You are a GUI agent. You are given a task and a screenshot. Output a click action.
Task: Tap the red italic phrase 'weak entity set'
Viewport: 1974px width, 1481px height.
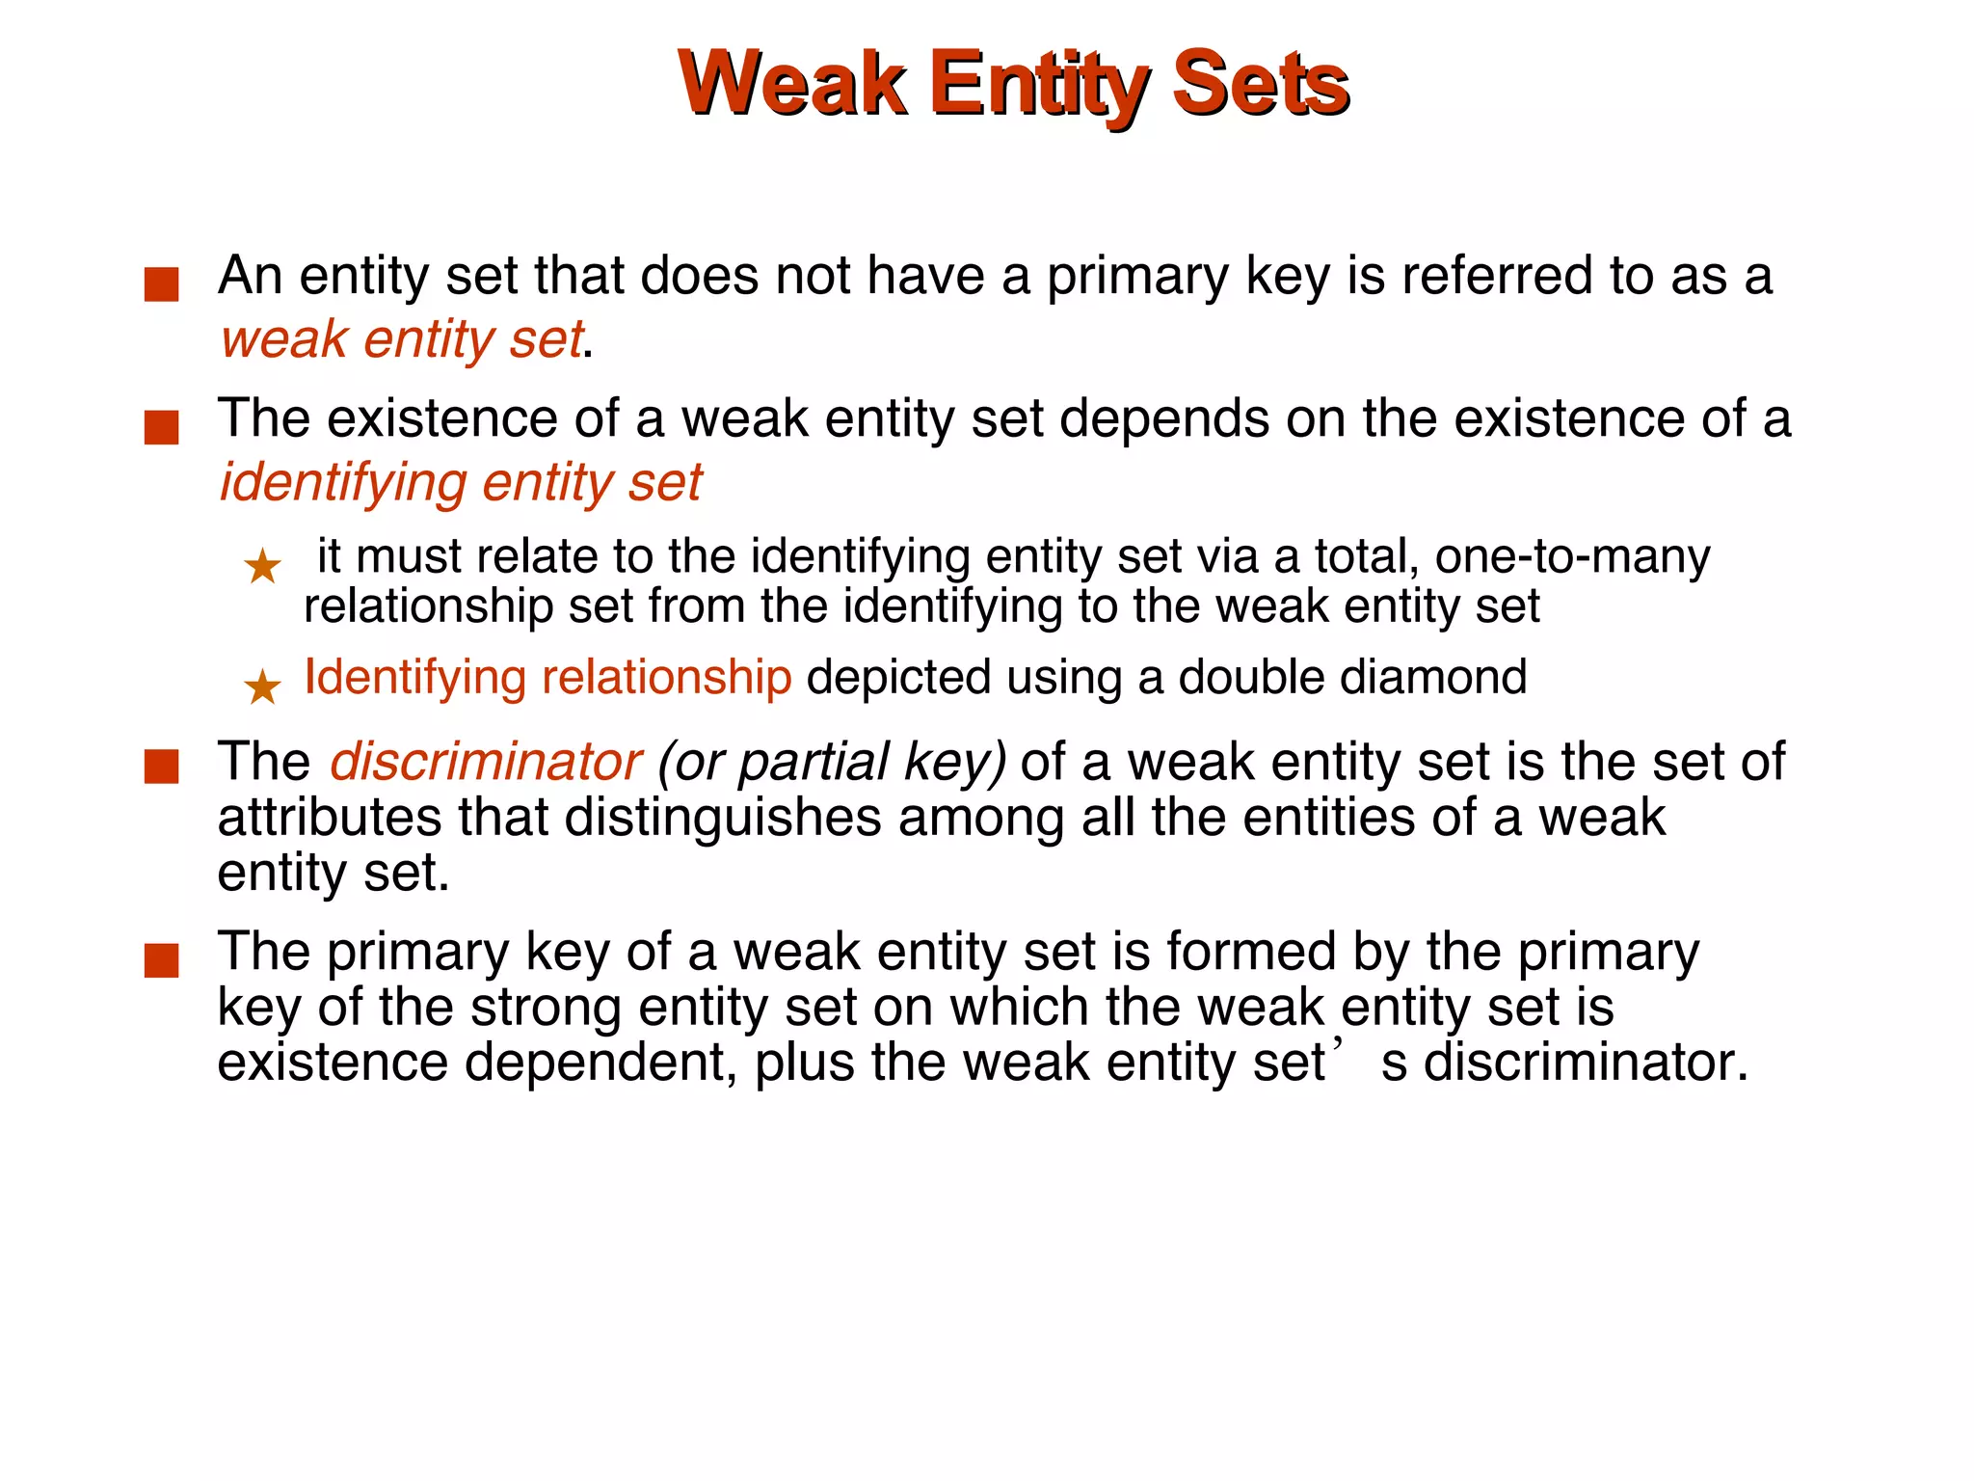coord(401,339)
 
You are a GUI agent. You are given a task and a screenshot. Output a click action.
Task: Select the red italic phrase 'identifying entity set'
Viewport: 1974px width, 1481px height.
coord(461,482)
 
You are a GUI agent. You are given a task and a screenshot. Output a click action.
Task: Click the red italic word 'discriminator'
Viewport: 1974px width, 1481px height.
coord(485,762)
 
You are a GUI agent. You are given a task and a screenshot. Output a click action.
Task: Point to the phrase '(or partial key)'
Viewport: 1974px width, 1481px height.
coord(831,762)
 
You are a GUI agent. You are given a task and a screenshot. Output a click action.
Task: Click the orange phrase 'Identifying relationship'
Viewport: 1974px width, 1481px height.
coord(547,677)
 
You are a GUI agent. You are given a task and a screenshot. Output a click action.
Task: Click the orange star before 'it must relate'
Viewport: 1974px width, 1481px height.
coord(262,566)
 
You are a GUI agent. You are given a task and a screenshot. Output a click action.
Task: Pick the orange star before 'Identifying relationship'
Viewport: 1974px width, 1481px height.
coord(262,687)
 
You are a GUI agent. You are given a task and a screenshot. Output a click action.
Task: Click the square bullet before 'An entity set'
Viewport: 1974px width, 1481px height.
coord(162,284)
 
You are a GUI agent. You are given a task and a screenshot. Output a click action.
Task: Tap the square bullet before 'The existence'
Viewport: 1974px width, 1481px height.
coord(162,427)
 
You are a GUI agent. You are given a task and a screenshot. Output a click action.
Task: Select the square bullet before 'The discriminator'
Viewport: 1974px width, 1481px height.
coord(162,767)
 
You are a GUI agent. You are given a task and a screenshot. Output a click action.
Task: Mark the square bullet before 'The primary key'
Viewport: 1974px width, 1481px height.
coord(162,960)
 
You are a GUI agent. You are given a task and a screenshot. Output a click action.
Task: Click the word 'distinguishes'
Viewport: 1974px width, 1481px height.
coord(722,818)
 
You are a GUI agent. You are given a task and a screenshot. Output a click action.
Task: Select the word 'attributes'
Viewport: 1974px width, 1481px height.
coord(329,818)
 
